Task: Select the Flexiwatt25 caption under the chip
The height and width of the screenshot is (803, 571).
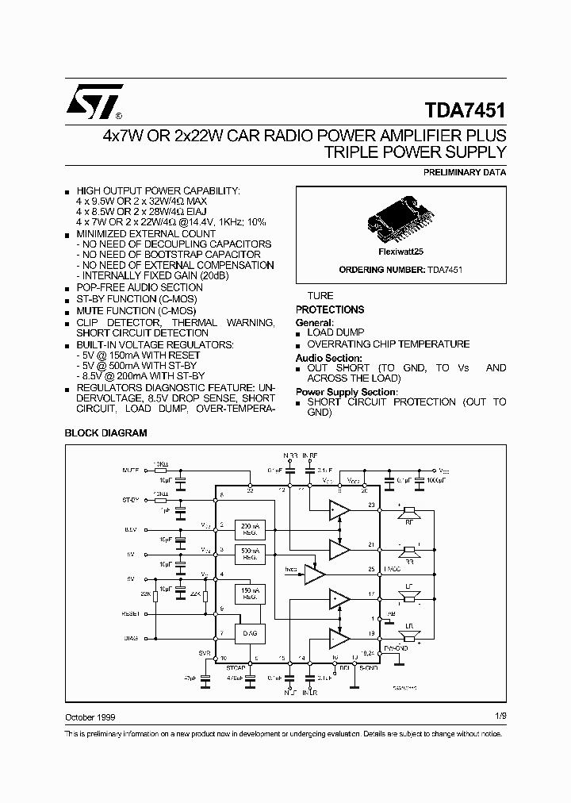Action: tap(400, 250)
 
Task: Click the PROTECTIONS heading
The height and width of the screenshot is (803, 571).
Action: tap(330, 309)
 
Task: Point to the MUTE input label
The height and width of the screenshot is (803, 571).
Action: tap(131, 471)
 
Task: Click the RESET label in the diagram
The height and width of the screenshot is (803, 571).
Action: tap(132, 613)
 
